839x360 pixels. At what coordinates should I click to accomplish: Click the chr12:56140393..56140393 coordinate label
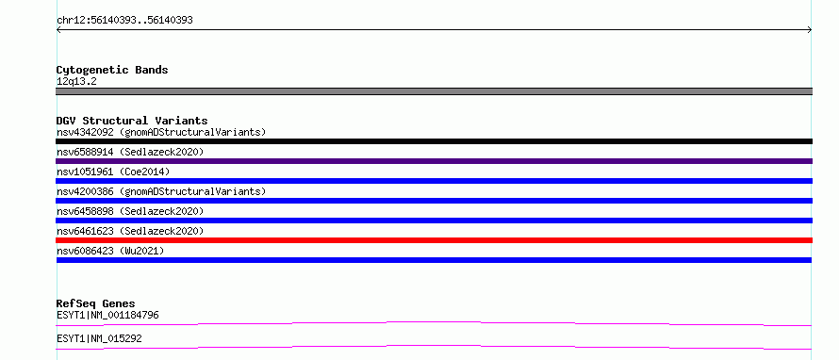click(x=124, y=21)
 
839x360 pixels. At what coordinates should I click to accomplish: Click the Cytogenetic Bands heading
click(x=112, y=70)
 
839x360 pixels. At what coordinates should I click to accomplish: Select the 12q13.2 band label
click(x=76, y=82)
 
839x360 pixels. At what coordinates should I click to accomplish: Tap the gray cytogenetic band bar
click(x=434, y=91)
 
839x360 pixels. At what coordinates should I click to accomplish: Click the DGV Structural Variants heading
click(x=132, y=121)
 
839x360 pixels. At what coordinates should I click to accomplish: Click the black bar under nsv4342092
click(x=434, y=141)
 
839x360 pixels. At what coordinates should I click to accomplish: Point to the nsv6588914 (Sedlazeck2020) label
click(x=130, y=152)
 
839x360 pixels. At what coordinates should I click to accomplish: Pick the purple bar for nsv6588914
click(x=434, y=161)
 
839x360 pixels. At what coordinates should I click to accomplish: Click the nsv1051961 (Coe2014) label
click(x=113, y=172)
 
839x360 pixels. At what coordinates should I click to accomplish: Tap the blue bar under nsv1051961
click(x=434, y=181)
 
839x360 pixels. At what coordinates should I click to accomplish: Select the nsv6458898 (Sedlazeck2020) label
click(x=130, y=211)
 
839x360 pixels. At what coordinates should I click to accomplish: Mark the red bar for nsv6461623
click(x=434, y=240)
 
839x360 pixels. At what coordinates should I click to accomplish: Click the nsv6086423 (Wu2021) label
click(x=110, y=251)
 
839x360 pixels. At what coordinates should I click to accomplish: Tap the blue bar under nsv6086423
click(x=434, y=260)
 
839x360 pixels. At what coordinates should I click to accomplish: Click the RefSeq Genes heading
click(x=96, y=303)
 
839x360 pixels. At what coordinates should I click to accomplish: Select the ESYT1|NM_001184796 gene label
click(x=107, y=315)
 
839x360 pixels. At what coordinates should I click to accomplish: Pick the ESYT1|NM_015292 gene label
click(x=99, y=338)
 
